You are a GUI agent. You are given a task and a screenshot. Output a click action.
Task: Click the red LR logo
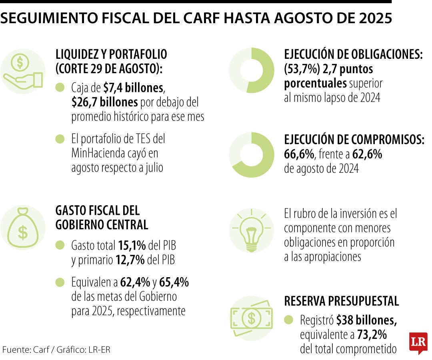click(418, 342)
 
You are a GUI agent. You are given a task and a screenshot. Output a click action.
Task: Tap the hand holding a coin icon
click(22, 71)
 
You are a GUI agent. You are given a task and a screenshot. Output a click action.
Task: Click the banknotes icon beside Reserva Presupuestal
click(251, 318)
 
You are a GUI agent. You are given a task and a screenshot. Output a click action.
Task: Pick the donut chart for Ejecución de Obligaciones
click(252, 70)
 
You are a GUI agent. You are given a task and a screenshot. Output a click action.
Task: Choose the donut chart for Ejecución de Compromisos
click(252, 155)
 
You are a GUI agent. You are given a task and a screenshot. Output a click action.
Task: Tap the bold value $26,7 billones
click(104, 102)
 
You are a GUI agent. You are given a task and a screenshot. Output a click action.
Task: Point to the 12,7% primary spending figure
click(130, 260)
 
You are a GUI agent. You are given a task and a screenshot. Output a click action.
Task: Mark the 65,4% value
click(174, 282)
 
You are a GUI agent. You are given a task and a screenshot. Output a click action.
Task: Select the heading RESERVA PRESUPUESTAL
click(341, 301)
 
